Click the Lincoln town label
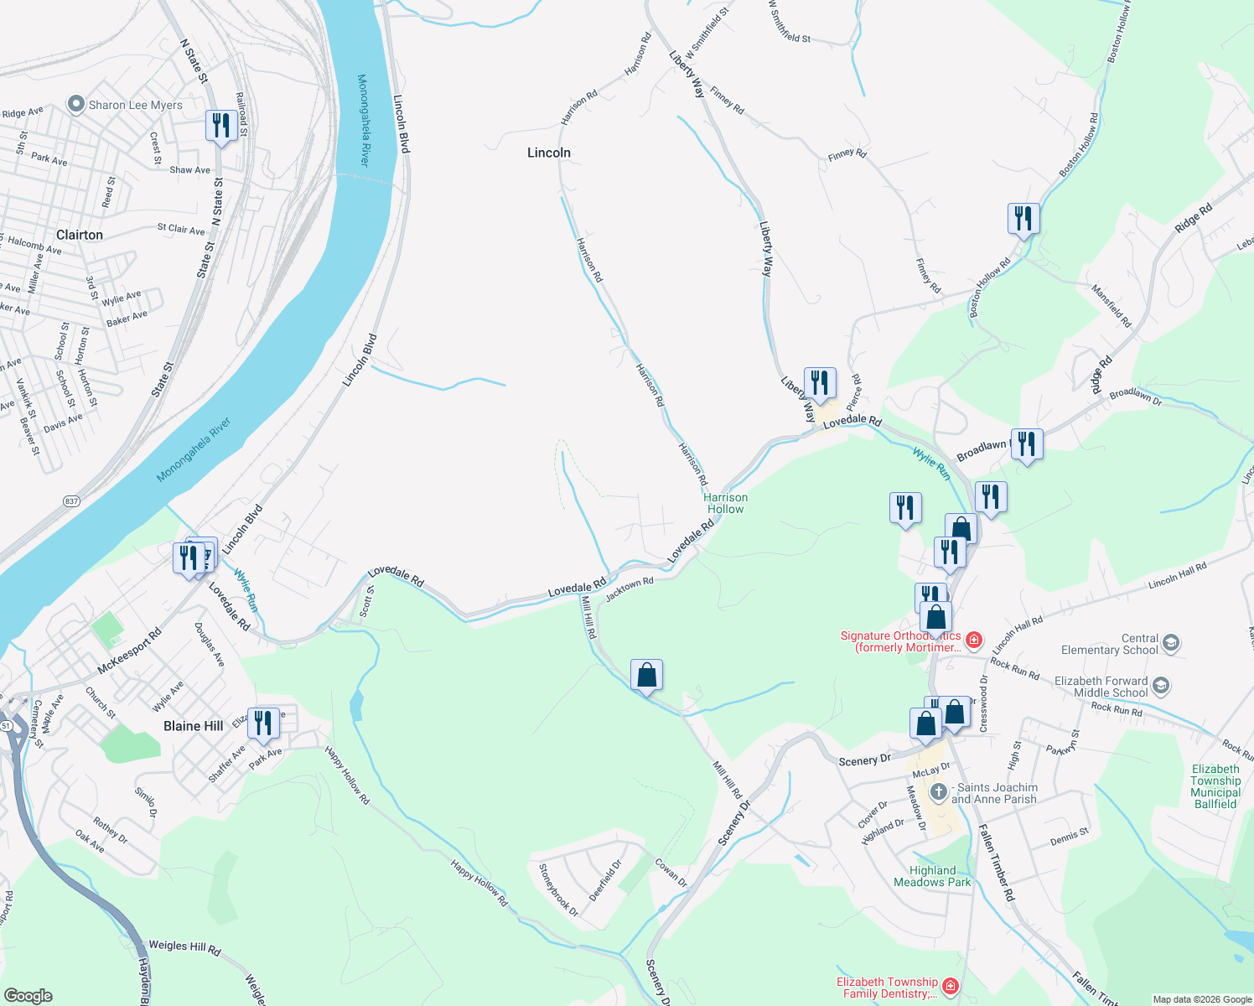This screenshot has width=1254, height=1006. point(549,153)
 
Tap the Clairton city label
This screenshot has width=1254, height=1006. point(80,235)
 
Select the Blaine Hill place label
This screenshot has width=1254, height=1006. point(194,726)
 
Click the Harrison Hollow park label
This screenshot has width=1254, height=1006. point(726,503)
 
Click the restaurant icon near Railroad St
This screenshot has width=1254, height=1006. point(221,127)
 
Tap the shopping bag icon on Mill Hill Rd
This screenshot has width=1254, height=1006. point(647,675)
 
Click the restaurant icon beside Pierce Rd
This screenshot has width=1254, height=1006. point(820,383)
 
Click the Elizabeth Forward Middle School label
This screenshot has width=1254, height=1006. point(1101,687)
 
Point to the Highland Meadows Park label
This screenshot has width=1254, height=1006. point(932,876)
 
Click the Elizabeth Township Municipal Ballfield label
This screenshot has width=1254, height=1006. point(1215,786)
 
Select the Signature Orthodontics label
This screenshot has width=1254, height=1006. point(901,641)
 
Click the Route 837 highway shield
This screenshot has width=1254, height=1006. point(71,501)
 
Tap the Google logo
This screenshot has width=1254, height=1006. point(28,996)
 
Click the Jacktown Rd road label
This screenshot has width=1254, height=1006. point(629,588)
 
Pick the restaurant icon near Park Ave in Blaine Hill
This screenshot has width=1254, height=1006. point(264,723)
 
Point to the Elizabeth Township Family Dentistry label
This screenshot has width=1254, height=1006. point(887,988)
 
